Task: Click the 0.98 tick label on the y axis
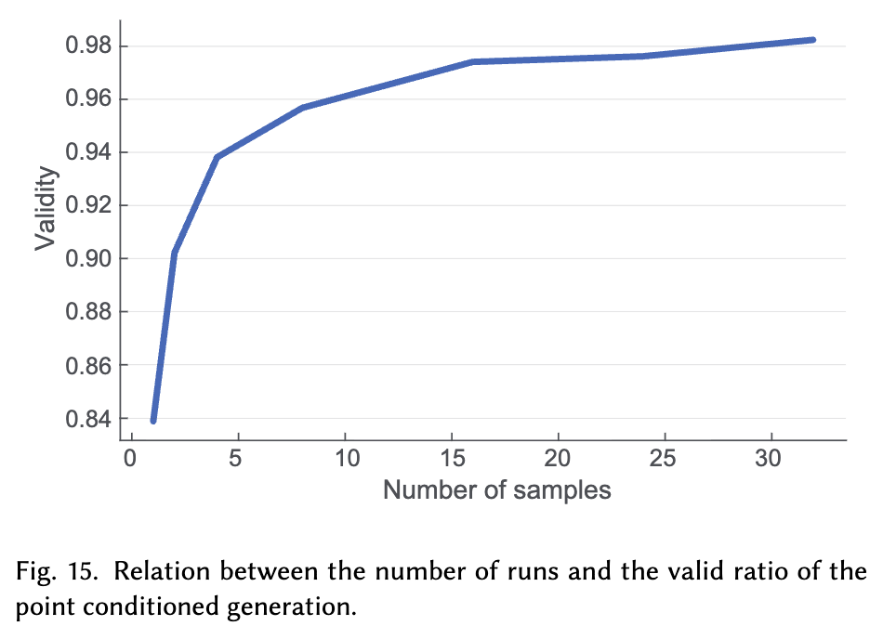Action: tap(88, 46)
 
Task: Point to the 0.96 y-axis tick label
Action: tap(88, 98)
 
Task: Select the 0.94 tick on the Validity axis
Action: tap(88, 152)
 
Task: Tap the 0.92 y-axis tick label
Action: tap(88, 205)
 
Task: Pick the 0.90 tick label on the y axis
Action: tap(88, 258)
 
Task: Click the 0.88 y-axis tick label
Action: tap(88, 312)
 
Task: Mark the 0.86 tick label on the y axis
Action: tap(88, 366)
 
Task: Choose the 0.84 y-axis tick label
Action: tap(88, 419)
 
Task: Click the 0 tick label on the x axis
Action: tap(131, 459)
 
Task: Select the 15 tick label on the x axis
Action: tap(451, 459)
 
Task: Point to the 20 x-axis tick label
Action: tap(558, 459)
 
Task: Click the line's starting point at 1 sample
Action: tap(153, 421)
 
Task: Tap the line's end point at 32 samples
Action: tap(813, 40)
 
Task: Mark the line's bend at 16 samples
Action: tap(472, 62)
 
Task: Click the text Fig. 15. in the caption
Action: tap(55, 570)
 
